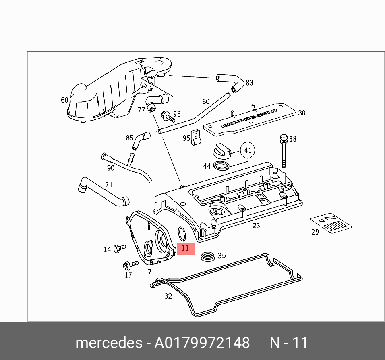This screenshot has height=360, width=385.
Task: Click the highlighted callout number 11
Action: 185,248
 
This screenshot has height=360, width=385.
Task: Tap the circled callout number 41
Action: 248,151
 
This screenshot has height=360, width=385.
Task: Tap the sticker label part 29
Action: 331,223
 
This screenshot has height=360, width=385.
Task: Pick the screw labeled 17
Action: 130,265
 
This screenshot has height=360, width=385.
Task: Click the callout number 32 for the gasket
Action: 168,296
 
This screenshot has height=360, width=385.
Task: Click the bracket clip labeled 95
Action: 196,138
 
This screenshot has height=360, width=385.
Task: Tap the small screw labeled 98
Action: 168,117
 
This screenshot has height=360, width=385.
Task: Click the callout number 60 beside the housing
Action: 64,100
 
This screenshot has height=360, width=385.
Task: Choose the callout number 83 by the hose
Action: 249,83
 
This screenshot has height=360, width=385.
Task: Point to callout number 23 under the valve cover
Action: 256,226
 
